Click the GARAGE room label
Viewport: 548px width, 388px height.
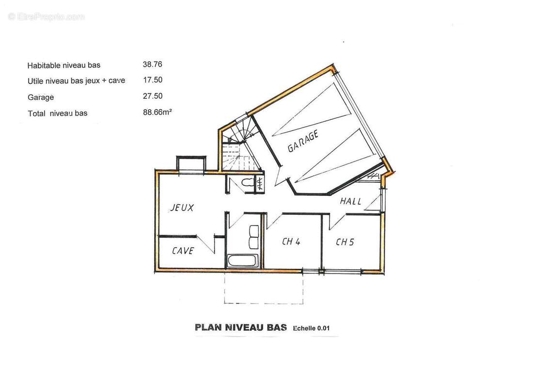coord(303,141)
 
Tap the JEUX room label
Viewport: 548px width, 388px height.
coord(182,208)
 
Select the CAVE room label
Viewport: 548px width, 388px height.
coord(183,251)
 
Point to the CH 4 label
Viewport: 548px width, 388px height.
coord(291,242)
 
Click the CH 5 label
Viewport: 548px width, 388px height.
coord(345,242)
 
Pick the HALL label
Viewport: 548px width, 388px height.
coord(350,201)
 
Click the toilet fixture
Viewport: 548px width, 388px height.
coord(248,183)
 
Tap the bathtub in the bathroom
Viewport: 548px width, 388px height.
coord(243,261)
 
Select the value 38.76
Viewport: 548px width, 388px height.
coord(152,65)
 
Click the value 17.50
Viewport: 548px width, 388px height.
coord(153,80)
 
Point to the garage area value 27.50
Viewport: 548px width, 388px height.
coord(153,96)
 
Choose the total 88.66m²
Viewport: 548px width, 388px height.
coord(157,113)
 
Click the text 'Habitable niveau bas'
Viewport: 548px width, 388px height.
coord(63,65)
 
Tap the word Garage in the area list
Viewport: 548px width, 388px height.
coord(41,97)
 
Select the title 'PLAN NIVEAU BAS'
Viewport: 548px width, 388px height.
coord(241,327)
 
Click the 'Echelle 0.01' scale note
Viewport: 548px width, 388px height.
coord(311,328)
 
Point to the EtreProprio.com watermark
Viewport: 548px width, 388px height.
coord(46,16)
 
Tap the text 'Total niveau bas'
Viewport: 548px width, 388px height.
coord(58,113)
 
